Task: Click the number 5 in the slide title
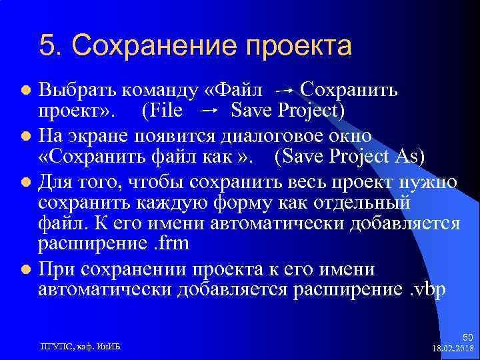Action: pyautogui.click(x=47, y=46)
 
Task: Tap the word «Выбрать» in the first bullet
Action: pyautogui.click(x=74, y=89)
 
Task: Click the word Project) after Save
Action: pyautogui.click(x=311, y=109)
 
